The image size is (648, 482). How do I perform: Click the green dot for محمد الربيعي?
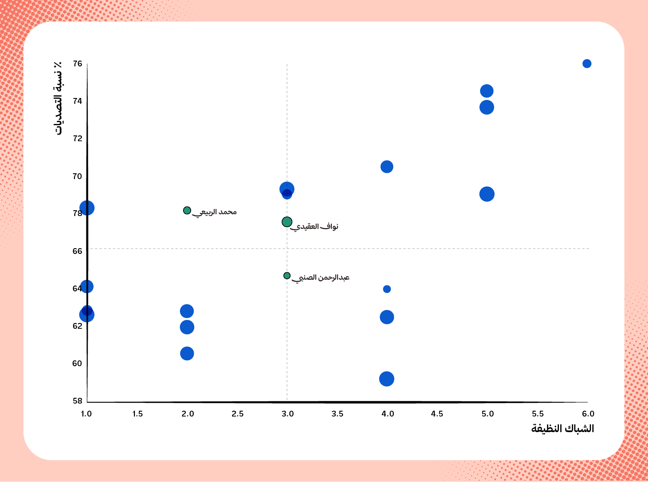[187, 210]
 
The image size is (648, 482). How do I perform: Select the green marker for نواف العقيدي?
[287, 222]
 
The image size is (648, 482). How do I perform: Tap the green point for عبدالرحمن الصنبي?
[287, 276]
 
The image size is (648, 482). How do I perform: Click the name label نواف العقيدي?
[314, 227]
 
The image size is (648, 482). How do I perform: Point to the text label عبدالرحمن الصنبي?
[321, 278]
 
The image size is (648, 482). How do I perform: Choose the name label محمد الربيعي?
[215, 212]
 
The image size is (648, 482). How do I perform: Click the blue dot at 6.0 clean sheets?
[587, 64]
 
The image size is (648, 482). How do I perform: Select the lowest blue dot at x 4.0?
[387, 379]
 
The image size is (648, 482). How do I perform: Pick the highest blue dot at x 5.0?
[487, 91]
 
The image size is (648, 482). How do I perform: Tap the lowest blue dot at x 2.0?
[187, 354]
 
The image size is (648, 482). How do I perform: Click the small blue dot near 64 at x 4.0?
[387, 289]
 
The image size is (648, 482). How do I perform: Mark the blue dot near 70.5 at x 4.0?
[387, 167]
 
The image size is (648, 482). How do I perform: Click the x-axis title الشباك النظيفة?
[562, 429]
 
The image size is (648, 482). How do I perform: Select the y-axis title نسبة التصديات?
[58, 98]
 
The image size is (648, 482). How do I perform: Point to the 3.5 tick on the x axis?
[337, 414]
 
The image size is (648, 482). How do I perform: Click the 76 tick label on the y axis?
[77, 64]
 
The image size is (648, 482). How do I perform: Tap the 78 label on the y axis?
[77, 213]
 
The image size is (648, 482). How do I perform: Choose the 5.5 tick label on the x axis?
[538, 414]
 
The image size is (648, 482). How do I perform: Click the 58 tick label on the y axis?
[77, 401]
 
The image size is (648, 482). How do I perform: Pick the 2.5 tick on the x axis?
[237, 414]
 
